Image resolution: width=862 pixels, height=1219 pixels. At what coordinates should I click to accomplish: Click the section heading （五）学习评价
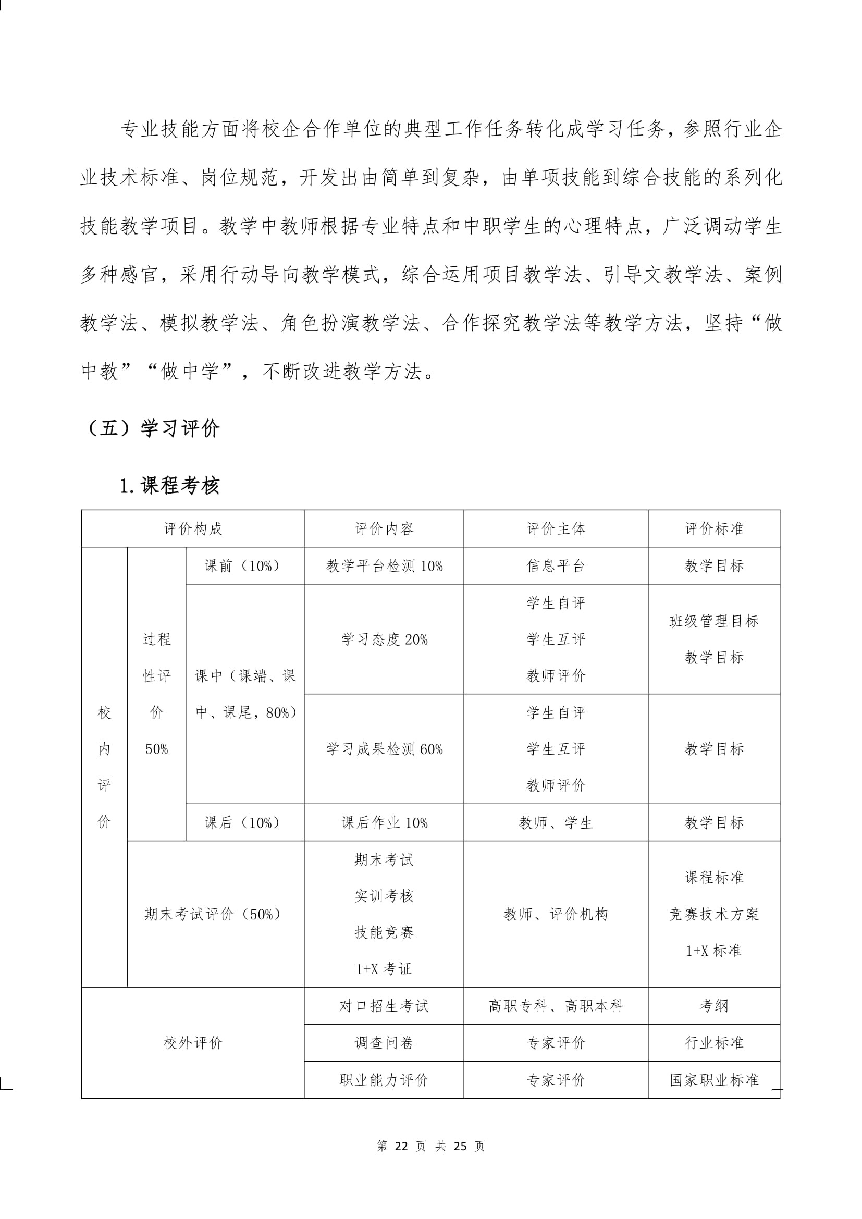pos(151,428)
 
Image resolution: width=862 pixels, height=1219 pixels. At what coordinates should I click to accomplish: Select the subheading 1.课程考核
pos(169,486)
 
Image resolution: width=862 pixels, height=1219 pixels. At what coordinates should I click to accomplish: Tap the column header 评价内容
pos(384,529)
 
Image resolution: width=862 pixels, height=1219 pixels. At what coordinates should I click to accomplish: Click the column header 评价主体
pos(556,529)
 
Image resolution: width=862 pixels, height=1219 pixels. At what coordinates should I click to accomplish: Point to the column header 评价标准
pos(714,529)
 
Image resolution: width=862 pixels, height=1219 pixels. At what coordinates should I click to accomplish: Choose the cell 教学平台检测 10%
pos(384,566)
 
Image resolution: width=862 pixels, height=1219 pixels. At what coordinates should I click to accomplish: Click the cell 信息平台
pos(556,566)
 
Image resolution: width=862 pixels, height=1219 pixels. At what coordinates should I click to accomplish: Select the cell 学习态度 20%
pos(384,640)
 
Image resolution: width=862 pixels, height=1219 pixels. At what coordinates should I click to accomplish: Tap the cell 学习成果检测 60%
pos(384,749)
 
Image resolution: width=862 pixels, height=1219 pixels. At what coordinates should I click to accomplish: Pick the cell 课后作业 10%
pos(384,823)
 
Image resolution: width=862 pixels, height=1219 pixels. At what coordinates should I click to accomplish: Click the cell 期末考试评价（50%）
pos(212,914)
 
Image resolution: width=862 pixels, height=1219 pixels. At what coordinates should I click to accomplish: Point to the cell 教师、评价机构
pos(556,914)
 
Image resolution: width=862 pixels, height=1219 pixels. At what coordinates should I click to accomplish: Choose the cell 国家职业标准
pos(714,1080)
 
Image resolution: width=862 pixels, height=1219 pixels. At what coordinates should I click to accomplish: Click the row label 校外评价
pos(193,1043)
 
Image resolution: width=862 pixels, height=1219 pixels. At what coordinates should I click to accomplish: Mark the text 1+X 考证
pos(384,969)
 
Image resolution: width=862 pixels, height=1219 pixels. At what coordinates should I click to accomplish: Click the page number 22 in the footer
pos(401,1146)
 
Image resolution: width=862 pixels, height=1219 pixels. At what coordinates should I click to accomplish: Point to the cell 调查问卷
pos(384,1043)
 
